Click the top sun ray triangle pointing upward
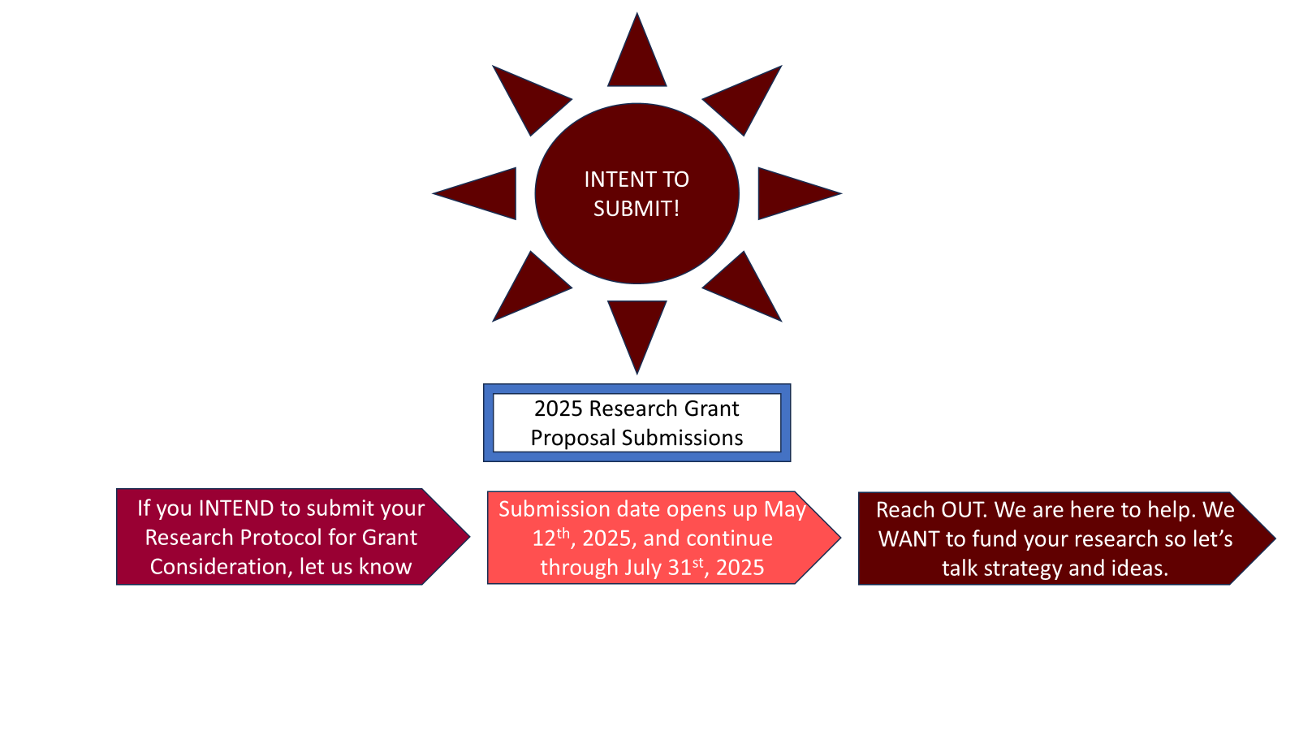pos(637,61)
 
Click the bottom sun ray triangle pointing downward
pos(637,326)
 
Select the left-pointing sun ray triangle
pos(487,194)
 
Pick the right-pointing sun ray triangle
pos(787,194)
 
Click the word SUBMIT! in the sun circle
pos(637,209)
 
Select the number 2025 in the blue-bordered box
pos(559,409)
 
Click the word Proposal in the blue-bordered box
pos(573,439)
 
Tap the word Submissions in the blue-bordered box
pos(682,438)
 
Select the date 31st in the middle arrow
pos(685,566)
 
